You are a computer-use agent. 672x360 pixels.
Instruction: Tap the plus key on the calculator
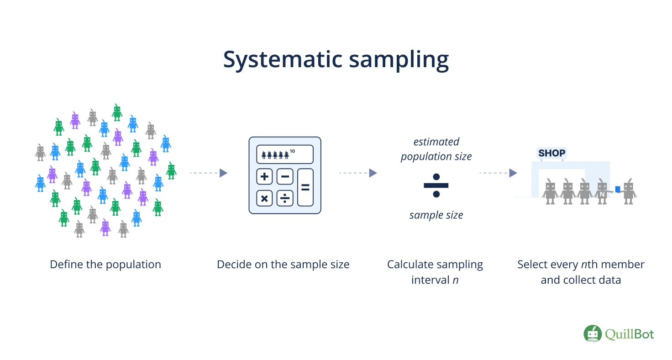[x=265, y=176]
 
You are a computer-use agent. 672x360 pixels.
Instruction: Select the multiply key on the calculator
[x=265, y=198]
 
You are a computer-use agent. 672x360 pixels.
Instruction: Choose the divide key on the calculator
[x=285, y=198]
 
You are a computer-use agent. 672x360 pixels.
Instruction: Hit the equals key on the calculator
[x=305, y=187]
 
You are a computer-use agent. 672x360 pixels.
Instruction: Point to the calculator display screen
[x=285, y=154]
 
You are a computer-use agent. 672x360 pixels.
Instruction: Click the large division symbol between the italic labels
[x=436, y=185]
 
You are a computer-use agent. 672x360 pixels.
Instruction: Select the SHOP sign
[x=551, y=153]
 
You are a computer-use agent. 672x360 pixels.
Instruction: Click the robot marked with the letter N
[x=603, y=191]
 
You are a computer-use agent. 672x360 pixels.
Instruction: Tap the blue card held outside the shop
[x=618, y=189]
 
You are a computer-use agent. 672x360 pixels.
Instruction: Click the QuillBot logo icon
[x=592, y=334]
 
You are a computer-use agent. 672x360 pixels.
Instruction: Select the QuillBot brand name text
[x=630, y=334]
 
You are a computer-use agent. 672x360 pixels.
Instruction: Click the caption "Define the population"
[x=105, y=265]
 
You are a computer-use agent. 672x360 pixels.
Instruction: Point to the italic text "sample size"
[x=436, y=215]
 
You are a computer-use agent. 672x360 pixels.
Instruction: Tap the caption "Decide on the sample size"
[x=283, y=265]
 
